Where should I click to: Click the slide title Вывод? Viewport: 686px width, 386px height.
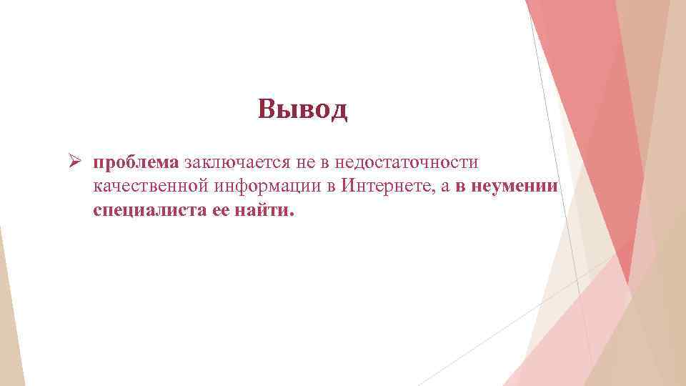pyautogui.click(x=303, y=109)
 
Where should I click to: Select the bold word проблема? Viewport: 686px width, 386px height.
pyautogui.click(x=136, y=164)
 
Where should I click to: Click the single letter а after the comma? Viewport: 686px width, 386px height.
pyautogui.click(x=445, y=188)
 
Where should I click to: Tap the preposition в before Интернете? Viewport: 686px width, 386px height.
pyautogui.click(x=332, y=187)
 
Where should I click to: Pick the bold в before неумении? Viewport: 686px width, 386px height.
pyautogui.click(x=461, y=187)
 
